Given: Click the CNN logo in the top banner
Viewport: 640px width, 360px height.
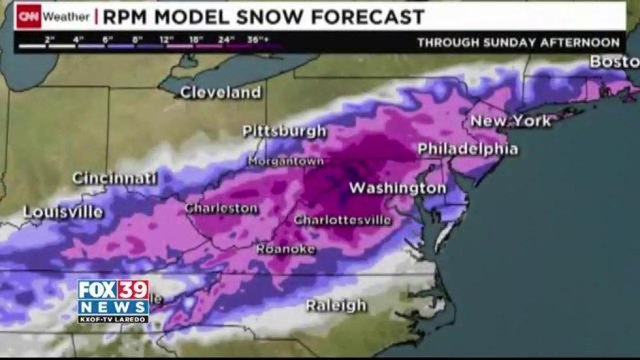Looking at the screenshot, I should [x=33, y=17].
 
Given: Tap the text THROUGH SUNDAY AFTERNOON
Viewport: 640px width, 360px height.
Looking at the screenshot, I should [x=519, y=43].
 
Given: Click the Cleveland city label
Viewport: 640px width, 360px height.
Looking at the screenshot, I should [x=221, y=93].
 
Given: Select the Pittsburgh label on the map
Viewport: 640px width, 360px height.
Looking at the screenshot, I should [x=285, y=131].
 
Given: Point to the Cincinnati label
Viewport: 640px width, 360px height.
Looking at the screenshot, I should [x=114, y=178].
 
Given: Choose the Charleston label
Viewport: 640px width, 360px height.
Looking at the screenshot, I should [x=221, y=208].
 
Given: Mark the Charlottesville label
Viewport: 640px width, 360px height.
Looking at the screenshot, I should [x=341, y=219].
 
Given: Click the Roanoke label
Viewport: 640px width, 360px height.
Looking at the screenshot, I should [x=285, y=248].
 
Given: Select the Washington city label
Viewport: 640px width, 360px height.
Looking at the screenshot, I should [x=397, y=188].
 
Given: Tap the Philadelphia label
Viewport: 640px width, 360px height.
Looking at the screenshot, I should [x=467, y=149].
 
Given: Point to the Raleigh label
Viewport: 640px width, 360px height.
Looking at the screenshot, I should [x=336, y=304].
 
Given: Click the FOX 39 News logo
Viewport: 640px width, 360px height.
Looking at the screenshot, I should [x=113, y=300].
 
